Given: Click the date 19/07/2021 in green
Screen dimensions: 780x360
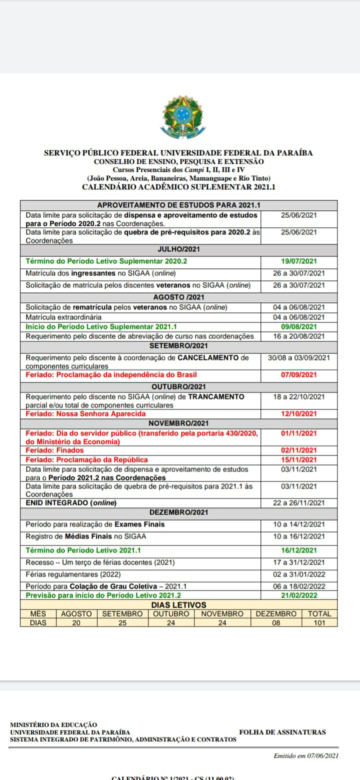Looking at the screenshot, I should (298, 261).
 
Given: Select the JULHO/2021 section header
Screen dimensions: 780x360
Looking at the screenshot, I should (178, 249).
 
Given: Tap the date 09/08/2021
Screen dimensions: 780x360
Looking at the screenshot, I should (298, 326).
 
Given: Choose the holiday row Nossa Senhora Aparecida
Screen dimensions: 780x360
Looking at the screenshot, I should (86, 414).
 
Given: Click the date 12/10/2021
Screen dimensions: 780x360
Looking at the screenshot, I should (298, 414).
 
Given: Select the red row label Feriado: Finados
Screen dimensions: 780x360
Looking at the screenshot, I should (55, 450).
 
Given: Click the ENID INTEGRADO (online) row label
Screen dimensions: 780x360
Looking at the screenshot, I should (71, 503).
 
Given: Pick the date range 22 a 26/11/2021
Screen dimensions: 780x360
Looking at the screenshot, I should (298, 503).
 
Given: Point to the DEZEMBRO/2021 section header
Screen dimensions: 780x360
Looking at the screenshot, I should (178, 512).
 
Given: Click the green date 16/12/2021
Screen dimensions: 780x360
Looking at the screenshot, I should (298, 550).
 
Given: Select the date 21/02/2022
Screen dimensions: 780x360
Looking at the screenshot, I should (298, 595).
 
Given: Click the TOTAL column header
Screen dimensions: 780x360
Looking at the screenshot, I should (319, 614).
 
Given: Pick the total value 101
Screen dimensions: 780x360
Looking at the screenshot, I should (319, 623).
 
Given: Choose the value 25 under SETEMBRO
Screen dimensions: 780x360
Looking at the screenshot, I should (122, 623).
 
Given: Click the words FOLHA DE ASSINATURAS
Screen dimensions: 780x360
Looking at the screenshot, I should (282, 732).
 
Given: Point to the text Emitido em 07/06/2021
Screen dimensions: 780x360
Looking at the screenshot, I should (306, 756).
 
